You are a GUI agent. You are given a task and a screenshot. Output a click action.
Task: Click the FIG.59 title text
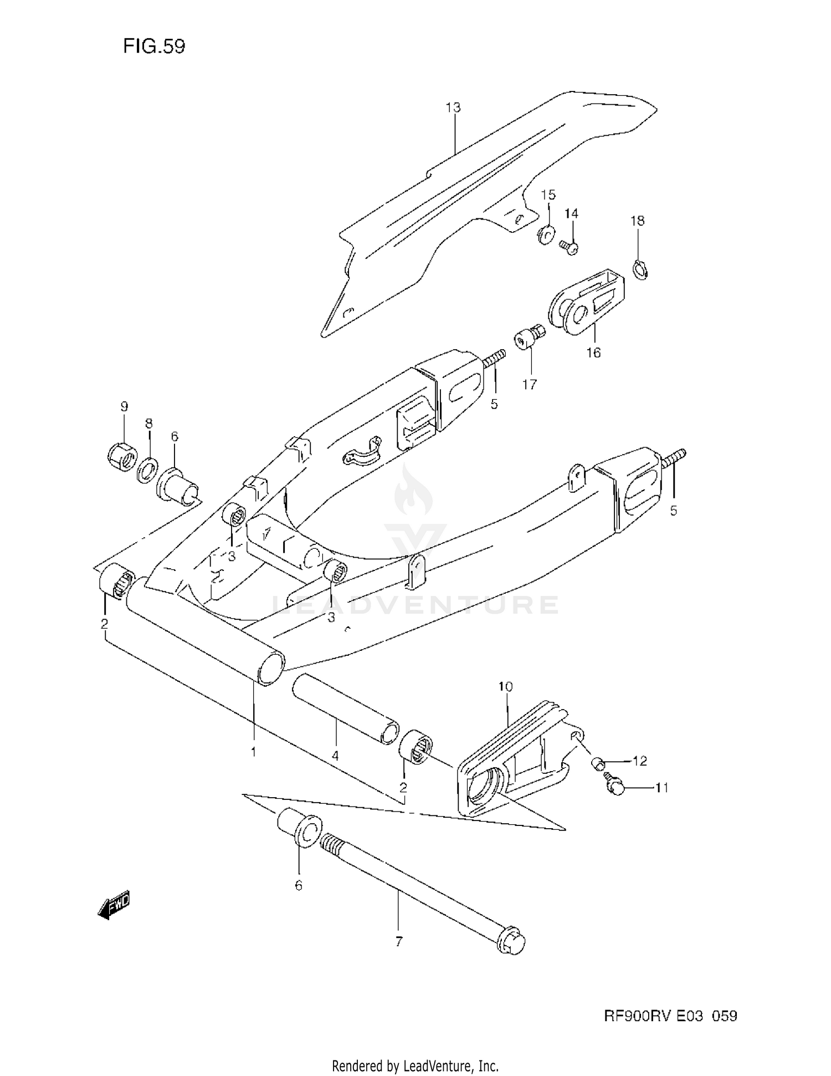154,47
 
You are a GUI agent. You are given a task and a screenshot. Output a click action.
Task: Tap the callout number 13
453,107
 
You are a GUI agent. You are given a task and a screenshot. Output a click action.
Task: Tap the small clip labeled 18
640,270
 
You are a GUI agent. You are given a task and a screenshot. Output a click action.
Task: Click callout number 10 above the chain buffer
505,686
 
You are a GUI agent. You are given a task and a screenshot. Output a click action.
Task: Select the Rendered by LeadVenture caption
415,1065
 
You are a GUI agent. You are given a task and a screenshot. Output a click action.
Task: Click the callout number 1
253,752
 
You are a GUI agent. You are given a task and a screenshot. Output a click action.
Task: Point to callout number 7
399,941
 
